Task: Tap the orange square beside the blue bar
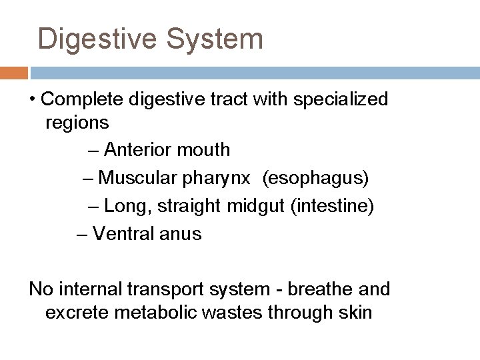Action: tap(14, 72)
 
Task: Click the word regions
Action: tap(77, 123)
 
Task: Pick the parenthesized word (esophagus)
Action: tap(315, 178)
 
